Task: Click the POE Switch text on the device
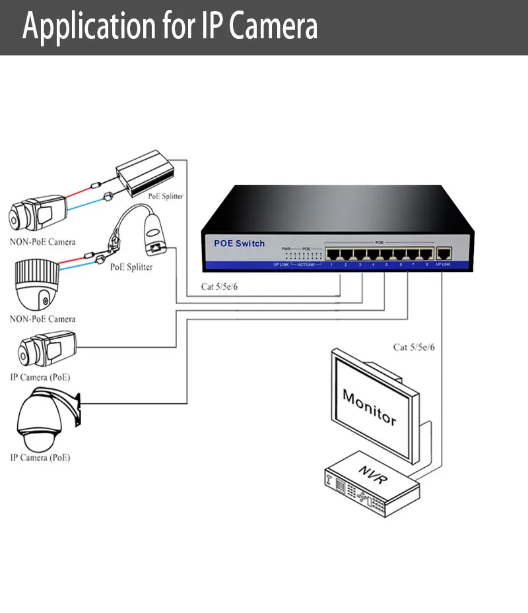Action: [239, 243]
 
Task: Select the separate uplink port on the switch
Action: [444, 253]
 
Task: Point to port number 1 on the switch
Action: [331, 254]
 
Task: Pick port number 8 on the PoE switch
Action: [426, 254]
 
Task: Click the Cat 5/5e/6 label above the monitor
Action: [414, 347]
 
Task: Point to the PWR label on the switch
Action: [286, 249]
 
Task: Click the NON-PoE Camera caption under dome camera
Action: [42, 319]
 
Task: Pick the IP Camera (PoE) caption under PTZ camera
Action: [40, 457]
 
